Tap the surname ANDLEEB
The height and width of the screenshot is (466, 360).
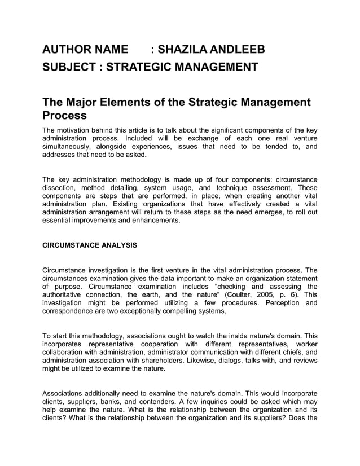[x=237, y=50]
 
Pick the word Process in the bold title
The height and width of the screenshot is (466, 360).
[x=64, y=116]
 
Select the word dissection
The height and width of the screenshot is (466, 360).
[x=60, y=188]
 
